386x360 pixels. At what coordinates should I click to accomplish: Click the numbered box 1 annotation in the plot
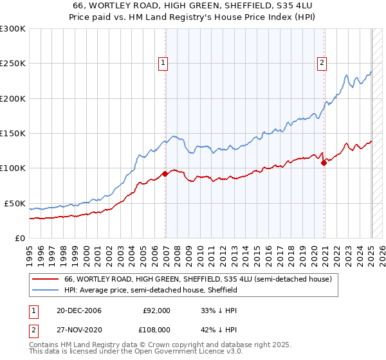pos(163,63)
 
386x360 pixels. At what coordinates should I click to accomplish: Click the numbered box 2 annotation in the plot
pos(321,63)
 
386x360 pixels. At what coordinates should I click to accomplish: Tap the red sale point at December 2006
pos(165,173)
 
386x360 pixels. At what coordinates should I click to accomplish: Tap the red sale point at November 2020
pos(324,163)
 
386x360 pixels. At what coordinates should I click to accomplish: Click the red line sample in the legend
pos(45,280)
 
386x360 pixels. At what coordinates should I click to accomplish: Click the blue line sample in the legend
pos(45,291)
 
